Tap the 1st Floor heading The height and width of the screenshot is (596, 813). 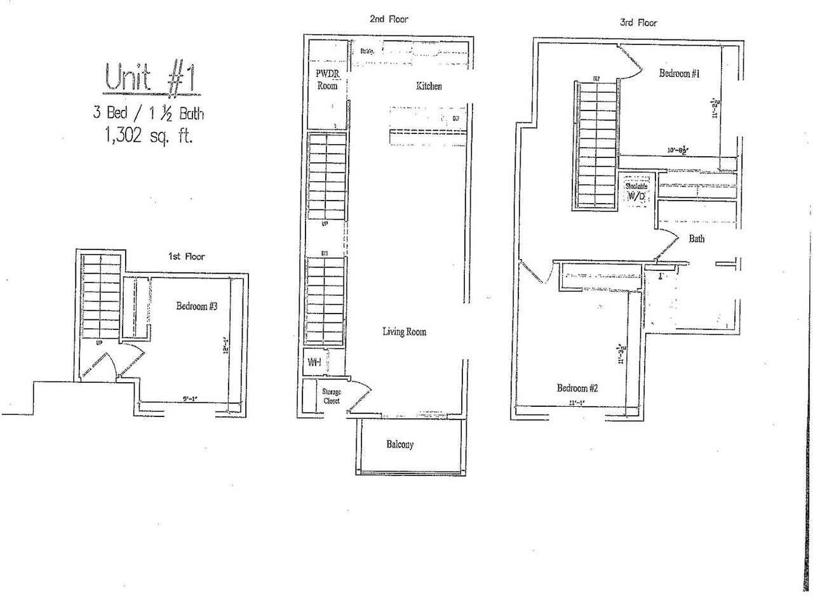186,256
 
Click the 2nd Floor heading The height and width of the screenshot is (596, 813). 389,19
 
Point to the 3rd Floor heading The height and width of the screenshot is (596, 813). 638,23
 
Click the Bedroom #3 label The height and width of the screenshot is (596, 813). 197,307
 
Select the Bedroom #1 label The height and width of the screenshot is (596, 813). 679,74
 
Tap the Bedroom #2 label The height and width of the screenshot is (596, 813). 578,388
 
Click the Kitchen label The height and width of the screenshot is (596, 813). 429,86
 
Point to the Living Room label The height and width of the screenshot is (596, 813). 404,332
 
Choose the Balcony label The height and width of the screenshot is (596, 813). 400,444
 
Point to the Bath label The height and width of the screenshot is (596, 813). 696,239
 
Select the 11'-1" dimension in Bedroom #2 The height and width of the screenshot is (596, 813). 576,402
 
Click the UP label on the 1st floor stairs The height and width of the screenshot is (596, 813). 99,343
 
